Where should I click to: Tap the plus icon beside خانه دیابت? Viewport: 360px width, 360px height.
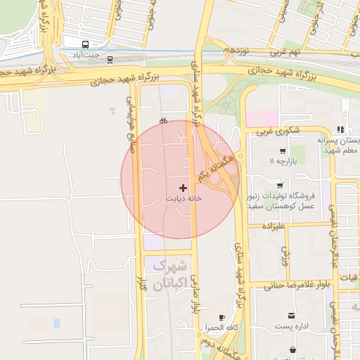click(x=184, y=188)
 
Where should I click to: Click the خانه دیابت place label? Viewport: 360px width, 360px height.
click(x=184, y=199)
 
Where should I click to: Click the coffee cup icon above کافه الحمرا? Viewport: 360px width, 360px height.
click(x=223, y=318)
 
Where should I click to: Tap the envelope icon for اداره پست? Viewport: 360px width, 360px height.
click(x=291, y=316)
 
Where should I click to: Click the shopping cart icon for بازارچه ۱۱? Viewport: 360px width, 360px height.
click(x=283, y=150)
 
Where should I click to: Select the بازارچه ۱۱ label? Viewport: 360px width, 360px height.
click(x=282, y=162)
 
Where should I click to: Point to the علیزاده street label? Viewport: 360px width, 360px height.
click(x=272, y=226)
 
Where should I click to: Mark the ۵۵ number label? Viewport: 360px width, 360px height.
click(x=164, y=121)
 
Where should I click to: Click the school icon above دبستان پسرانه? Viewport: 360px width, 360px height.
click(x=340, y=129)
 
